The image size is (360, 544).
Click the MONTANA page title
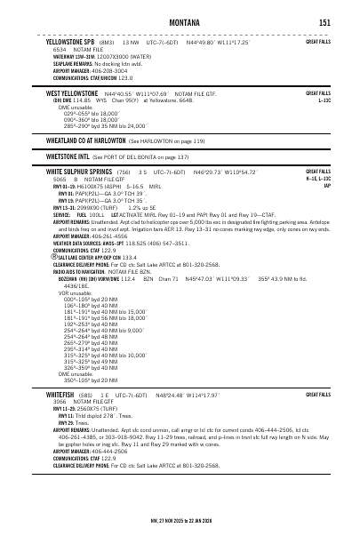(180, 22)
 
